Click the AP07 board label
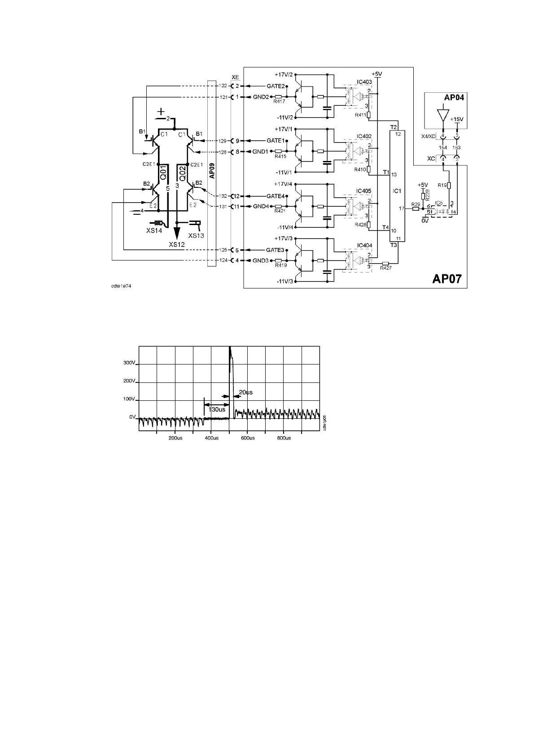point(448,279)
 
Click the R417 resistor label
point(279,102)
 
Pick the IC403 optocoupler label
point(364,82)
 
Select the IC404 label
point(364,246)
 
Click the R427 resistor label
point(385,268)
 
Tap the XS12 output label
point(177,244)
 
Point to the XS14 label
point(153,230)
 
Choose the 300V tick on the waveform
point(129,363)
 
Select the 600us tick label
point(247,438)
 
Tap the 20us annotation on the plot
point(245,392)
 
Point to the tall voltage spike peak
point(230,348)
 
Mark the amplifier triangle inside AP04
point(443,114)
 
